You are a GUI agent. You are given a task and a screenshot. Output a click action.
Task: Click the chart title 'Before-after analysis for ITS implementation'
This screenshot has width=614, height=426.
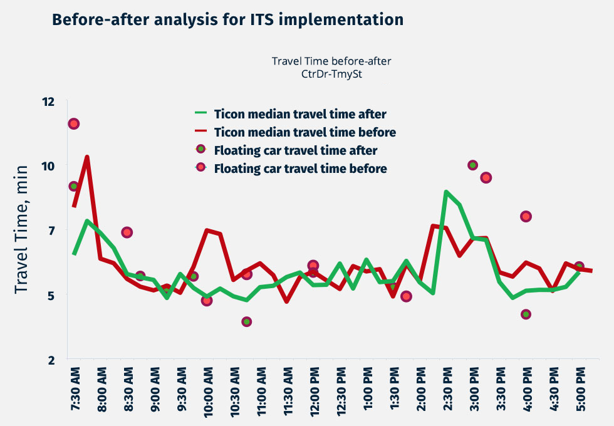228,19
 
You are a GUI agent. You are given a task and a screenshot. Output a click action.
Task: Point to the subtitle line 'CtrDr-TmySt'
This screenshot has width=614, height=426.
332,73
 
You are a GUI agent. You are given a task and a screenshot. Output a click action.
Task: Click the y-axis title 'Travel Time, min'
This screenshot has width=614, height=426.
22,229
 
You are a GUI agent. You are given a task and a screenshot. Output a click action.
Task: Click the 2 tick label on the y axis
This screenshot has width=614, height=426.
51,360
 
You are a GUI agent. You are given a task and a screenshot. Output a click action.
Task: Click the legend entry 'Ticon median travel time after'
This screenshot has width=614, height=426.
300,115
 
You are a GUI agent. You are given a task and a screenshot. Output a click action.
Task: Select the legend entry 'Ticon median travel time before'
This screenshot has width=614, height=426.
304,132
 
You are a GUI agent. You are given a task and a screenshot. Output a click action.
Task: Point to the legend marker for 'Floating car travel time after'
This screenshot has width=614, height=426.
200,150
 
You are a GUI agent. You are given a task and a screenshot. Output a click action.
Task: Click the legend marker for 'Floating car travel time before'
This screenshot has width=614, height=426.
200,168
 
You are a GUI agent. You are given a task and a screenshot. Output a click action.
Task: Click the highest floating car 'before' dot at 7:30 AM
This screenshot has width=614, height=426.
74,123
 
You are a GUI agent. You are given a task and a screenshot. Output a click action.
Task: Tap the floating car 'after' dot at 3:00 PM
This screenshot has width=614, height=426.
473,165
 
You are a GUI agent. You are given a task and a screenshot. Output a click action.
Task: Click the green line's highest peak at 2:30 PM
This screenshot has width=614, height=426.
446,192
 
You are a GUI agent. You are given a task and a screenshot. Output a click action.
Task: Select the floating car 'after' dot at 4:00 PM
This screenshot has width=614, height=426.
526,314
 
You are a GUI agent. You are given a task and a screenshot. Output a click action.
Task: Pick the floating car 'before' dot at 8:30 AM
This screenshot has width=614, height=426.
127,232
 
